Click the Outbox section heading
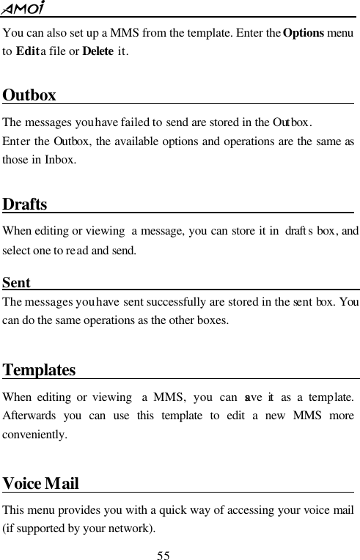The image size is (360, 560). tap(29, 96)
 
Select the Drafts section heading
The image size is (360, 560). tap(26, 204)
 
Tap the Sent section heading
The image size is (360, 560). tap(17, 283)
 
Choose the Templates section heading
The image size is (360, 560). tap(39, 370)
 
